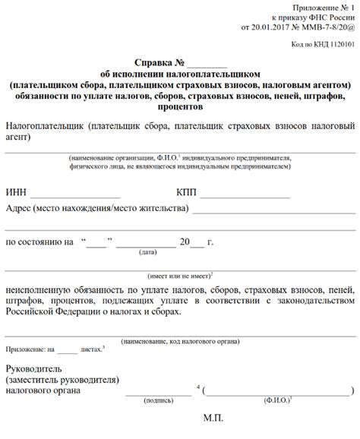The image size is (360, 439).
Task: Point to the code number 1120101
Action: (339, 45)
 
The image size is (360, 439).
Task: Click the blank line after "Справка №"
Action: (207, 65)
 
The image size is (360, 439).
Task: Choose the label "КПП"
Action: (188, 193)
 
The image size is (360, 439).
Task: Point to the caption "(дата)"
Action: (148, 251)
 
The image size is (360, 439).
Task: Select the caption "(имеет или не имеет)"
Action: (178, 276)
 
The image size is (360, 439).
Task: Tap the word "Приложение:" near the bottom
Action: (24, 351)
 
